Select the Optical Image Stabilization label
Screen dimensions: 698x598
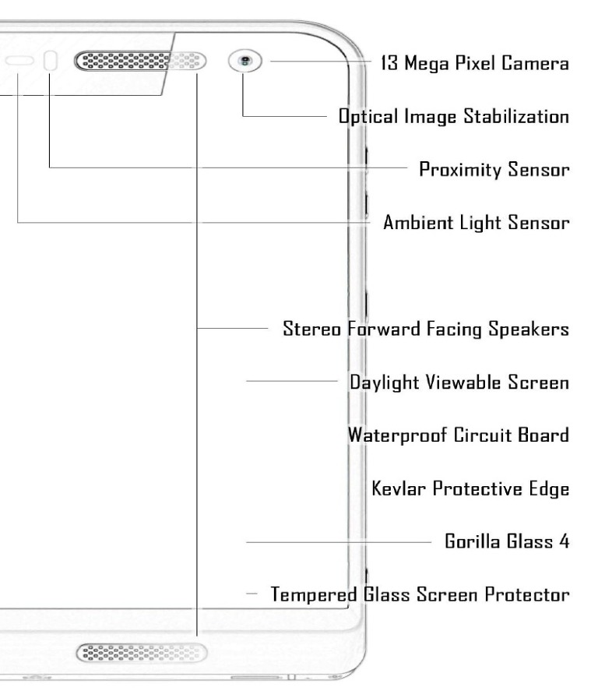tap(453, 117)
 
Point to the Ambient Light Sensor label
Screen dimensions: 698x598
tap(477, 222)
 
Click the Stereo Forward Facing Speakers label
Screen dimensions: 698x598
tap(425, 330)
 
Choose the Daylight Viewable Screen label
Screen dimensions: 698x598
tap(459, 382)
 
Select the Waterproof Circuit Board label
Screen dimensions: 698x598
tap(459, 435)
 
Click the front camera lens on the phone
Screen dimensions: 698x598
tap(246, 61)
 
